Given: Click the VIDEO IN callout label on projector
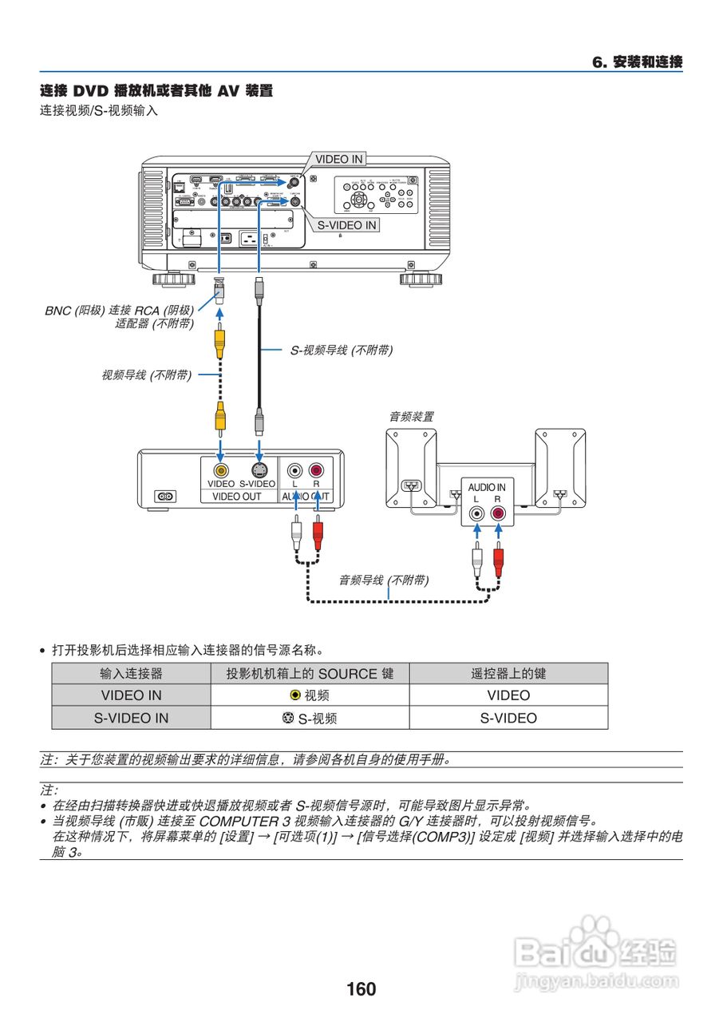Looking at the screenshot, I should click(x=338, y=159).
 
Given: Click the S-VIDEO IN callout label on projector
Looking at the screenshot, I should click(x=346, y=225).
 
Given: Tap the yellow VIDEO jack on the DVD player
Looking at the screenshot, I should click(x=220, y=470).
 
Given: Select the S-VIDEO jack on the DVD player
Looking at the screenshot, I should click(x=258, y=470).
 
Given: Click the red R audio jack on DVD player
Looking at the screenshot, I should click(x=317, y=470).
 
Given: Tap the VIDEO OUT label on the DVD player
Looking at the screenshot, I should click(x=236, y=496).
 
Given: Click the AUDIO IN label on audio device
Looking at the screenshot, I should click(x=486, y=487).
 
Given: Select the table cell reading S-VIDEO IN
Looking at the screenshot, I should click(x=131, y=718).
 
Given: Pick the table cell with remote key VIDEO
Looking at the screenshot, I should click(x=508, y=695).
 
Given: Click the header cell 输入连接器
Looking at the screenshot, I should click(x=131, y=674).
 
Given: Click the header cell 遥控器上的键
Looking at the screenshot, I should click(x=508, y=674).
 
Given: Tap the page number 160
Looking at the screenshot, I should click(x=361, y=989).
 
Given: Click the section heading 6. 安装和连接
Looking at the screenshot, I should click(x=637, y=62).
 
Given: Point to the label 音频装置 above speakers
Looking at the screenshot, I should click(x=411, y=416).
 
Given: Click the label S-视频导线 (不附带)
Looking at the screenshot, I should click(x=341, y=350).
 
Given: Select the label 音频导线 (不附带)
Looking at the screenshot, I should click(x=383, y=580).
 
